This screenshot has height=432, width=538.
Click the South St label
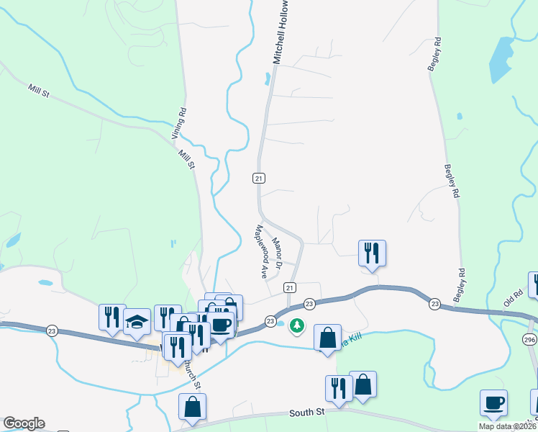(x=308, y=413)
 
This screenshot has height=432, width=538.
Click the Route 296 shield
(x=529, y=339)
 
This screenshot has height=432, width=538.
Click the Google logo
(x=24, y=423)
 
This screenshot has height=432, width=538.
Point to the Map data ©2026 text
(x=507, y=426)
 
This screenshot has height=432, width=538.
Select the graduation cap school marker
(x=137, y=321)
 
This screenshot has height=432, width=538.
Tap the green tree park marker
(x=296, y=327)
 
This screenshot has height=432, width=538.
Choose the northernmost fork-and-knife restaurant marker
(x=372, y=253)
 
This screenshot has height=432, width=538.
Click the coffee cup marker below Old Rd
(x=493, y=403)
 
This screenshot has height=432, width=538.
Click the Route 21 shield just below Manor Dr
(x=290, y=287)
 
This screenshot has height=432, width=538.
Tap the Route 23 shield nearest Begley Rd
(x=434, y=304)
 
